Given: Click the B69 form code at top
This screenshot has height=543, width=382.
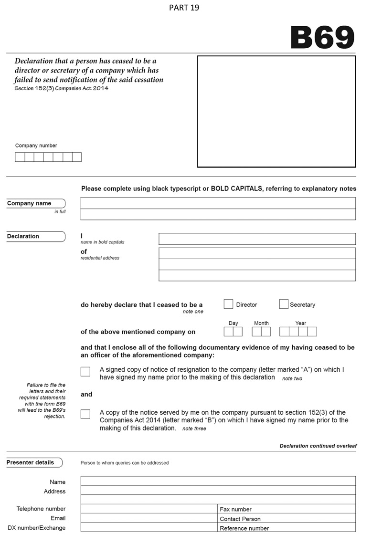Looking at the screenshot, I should (322, 37).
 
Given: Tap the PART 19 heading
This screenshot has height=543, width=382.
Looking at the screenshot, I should (184, 8).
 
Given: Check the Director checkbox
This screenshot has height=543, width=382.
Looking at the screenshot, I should (229, 304).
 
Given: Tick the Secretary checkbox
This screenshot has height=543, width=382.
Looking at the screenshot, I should (284, 304).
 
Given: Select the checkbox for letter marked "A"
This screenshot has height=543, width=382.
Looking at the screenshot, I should (85, 372).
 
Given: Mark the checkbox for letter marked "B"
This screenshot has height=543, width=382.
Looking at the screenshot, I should (85, 414).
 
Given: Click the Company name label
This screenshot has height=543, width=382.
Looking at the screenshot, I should (29, 203).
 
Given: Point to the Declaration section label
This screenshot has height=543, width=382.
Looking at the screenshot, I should (23, 236).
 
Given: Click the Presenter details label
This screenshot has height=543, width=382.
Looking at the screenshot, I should (30, 462).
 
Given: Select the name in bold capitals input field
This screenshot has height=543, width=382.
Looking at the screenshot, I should (257, 239).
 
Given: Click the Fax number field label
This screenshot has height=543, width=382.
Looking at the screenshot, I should (235, 509).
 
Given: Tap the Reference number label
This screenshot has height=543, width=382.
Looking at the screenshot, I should (244, 528).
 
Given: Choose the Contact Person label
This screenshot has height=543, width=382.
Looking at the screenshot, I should (240, 519).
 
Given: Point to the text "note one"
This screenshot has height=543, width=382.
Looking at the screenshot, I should (193, 312).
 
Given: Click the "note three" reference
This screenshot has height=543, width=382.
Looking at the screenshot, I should (194, 429).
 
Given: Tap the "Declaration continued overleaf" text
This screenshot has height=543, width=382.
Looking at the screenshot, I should (318, 446).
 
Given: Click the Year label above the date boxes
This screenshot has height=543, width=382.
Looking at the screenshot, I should (300, 323).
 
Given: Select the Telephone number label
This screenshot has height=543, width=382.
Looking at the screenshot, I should (41, 509).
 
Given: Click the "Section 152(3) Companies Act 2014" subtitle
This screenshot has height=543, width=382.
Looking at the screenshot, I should (62, 88).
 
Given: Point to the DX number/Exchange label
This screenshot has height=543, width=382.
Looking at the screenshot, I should (37, 528).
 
